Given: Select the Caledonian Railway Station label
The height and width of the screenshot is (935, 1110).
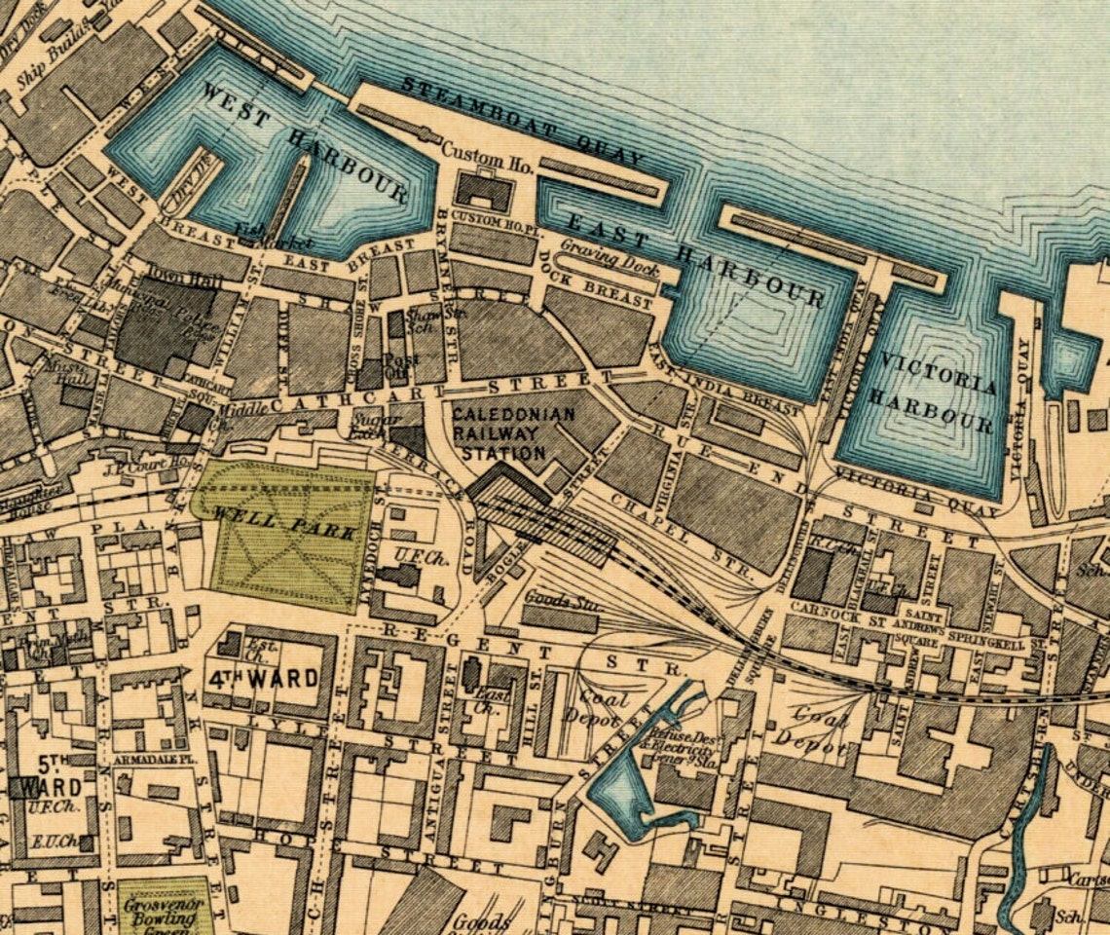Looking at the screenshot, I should coord(499,433).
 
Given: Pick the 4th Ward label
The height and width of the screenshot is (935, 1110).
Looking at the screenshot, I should coord(263,677).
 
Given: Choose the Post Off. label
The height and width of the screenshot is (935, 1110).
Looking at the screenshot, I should coord(400,364).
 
